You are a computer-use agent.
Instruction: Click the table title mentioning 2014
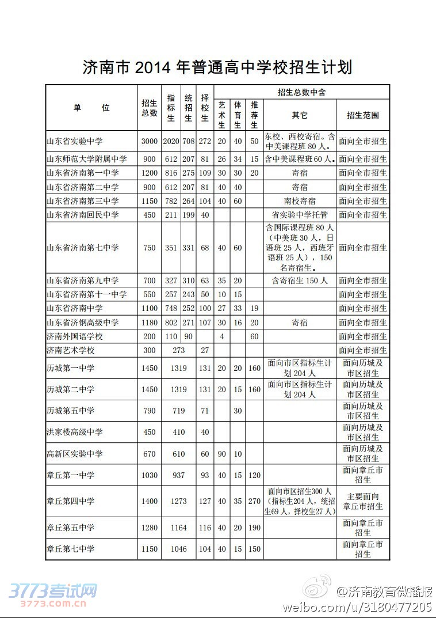click(x=217, y=67)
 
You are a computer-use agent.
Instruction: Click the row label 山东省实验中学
click(x=75, y=141)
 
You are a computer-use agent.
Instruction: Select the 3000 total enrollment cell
click(x=149, y=141)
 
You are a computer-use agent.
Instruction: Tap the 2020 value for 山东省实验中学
click(x=171, y=141)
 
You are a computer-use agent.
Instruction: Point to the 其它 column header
click(x=299, y=115)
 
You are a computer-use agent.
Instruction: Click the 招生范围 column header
click(x=362, y=115)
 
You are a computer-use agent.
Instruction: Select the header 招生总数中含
click(x=301, y=92)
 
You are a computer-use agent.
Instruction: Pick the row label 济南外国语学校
click(x=75, y=336)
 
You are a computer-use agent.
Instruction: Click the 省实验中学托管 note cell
click(x=299, y=215)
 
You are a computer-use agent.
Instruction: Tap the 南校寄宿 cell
click(x=299, y=201)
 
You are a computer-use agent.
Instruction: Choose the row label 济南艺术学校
click(x=71, y=350)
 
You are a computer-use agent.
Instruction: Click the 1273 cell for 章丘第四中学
click(x=178, y=501)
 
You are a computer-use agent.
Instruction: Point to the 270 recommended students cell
click(x=254, y=501)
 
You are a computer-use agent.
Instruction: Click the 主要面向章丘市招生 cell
click(x=362, y=501)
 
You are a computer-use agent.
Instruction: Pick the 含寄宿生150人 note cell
click(x=299, y=280)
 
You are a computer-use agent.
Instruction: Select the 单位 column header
click(x=91, y=108)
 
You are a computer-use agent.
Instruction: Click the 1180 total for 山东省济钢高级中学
click(x=149, y=323)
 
